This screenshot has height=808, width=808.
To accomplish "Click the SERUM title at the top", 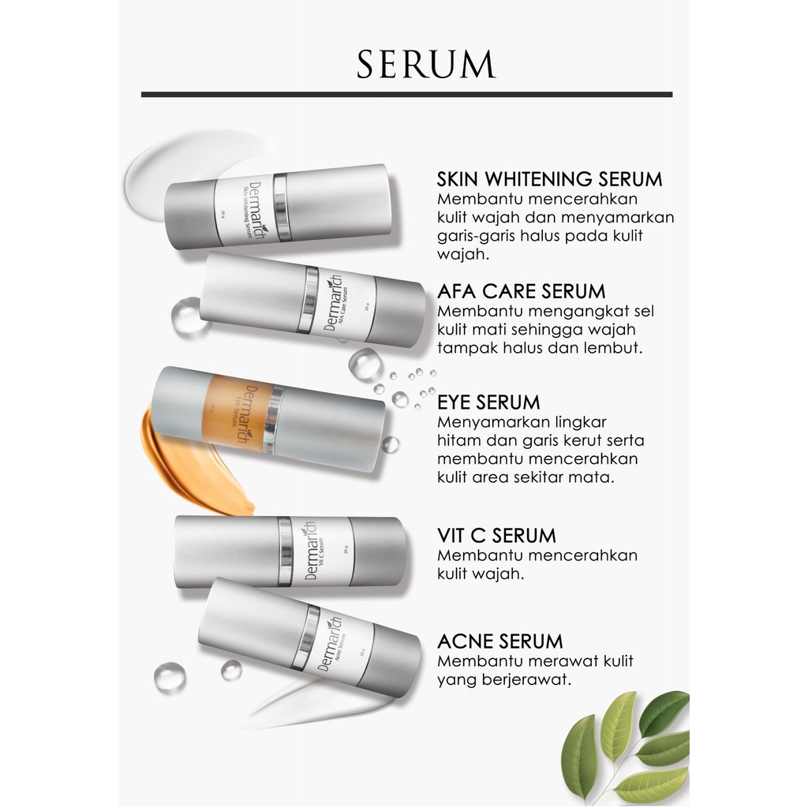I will (x=426, y=65).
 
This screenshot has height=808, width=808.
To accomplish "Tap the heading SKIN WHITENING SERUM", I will (x=550, y=179).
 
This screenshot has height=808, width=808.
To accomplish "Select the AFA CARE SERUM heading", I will (x=522, y=292).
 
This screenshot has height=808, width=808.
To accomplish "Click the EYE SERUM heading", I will (x=488, y=402).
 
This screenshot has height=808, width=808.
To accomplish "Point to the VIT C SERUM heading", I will (x=496, y=536).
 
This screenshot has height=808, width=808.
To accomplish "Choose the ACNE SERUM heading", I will (x=499, y=642).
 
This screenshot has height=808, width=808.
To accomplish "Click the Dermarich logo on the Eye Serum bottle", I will (x=252, y=414).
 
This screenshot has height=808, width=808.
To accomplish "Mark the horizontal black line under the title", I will (x=406, y=94).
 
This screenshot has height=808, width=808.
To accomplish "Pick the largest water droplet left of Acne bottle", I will (x=170, y=676).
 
